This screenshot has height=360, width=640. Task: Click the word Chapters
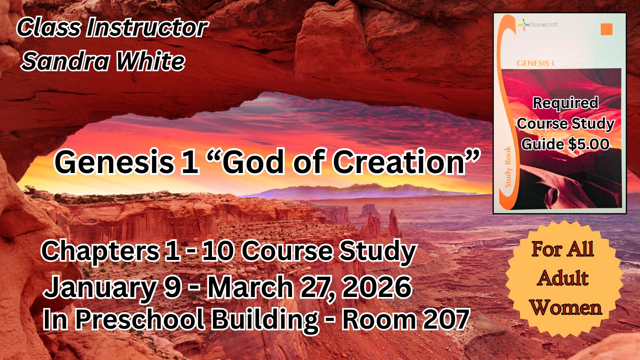tap(100, 252)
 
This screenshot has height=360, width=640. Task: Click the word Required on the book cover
tap(565, 103)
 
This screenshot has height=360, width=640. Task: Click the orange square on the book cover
tap(607, 29)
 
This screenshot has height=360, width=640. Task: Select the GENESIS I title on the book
tap(535, 63)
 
